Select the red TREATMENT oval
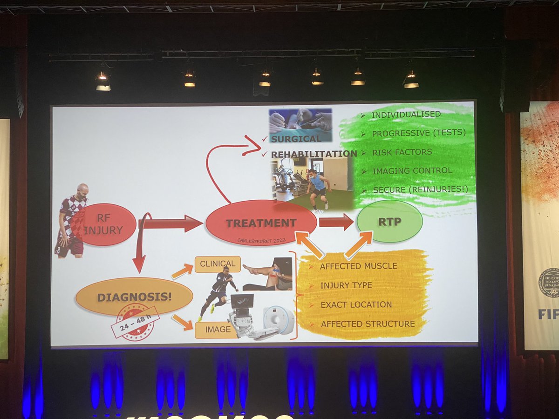point(261,223)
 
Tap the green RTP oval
point(389,221)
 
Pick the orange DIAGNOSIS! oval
point(134,297)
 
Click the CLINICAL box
point(218,264)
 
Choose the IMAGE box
point(218,330)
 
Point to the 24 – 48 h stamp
point(135,321)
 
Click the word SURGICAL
point(297,138)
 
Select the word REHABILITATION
point(314,154)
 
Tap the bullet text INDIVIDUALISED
point(406,114)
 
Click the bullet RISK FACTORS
point(402,152)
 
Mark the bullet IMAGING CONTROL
point(412,170)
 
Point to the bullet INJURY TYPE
point(346,285)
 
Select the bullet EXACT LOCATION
point(356,304)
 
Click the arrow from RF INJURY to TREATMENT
point(170,223)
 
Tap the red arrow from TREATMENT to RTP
point(336,222)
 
